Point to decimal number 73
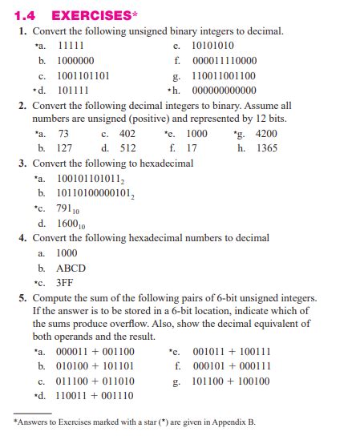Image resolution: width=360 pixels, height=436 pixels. click(64, 133)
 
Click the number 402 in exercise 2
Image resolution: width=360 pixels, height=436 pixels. click(127, 133)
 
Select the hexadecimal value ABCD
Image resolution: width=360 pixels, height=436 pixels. click(71, 268)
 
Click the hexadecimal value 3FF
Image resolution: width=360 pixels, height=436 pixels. click(66, 283)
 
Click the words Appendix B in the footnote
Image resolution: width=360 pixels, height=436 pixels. click(233, 422)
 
